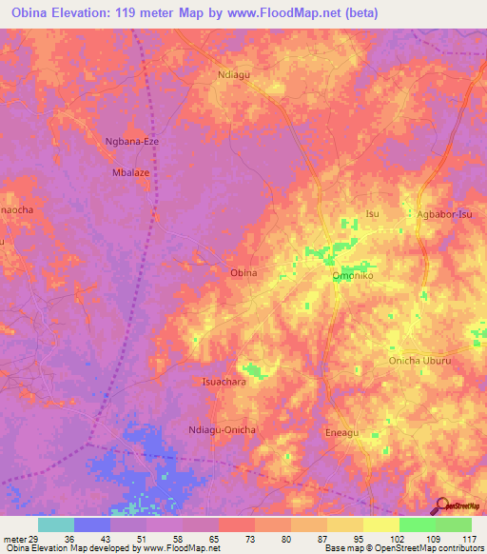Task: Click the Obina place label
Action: pyautogui.click(x=243, y=273)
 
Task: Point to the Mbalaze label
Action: pyautogui.click(x=132, y=174)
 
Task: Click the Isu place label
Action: pyautogui.click(x=373, y=214)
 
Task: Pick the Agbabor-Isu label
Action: pyautogui.click(x=444, y=214)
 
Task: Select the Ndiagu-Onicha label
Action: pyautogui.click(x=223, y=430)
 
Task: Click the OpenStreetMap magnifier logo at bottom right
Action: pyautogui.click(x=441, y=505)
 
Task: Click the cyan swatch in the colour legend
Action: pyautogui.click(x=56, y=524)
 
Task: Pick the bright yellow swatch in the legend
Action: pyautogui.click(x=381, y=524)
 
